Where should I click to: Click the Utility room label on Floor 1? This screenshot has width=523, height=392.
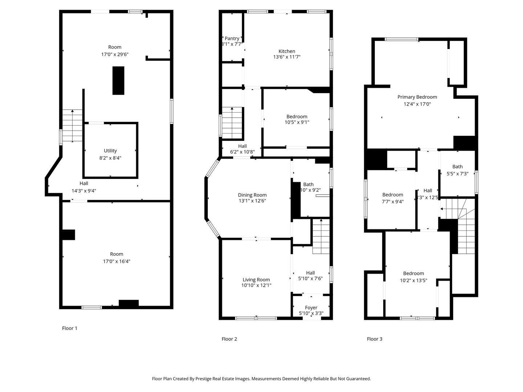(110, 151)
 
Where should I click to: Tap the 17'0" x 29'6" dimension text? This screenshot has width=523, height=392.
(115, 54)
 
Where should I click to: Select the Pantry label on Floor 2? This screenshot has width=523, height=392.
(232, 38)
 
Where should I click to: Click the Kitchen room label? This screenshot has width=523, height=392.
(287, 51)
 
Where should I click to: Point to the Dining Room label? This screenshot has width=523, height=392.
(252, 195)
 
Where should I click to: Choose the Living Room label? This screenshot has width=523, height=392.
(256, 279)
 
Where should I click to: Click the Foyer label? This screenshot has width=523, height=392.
(311, 307)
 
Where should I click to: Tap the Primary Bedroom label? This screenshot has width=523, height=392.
(417, 97)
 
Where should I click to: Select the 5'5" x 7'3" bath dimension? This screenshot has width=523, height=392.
(457, 174)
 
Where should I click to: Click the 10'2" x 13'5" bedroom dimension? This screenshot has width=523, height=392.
(413, 281)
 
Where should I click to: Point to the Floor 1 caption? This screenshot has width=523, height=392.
(69, 328)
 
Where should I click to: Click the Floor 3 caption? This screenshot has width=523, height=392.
(374, 339)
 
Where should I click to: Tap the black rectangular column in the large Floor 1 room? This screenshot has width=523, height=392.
(118, 80)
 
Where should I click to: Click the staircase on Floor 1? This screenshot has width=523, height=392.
(72, 126)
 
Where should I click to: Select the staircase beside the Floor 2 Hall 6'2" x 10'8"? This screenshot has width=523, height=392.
(232, 122)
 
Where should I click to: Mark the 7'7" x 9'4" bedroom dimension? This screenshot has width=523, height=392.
(393, 201)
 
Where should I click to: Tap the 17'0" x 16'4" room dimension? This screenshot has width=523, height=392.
(117, 261)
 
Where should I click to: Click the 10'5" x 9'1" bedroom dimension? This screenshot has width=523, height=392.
(297, 122)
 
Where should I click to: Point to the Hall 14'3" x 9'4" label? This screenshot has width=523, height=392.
(84, 184)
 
